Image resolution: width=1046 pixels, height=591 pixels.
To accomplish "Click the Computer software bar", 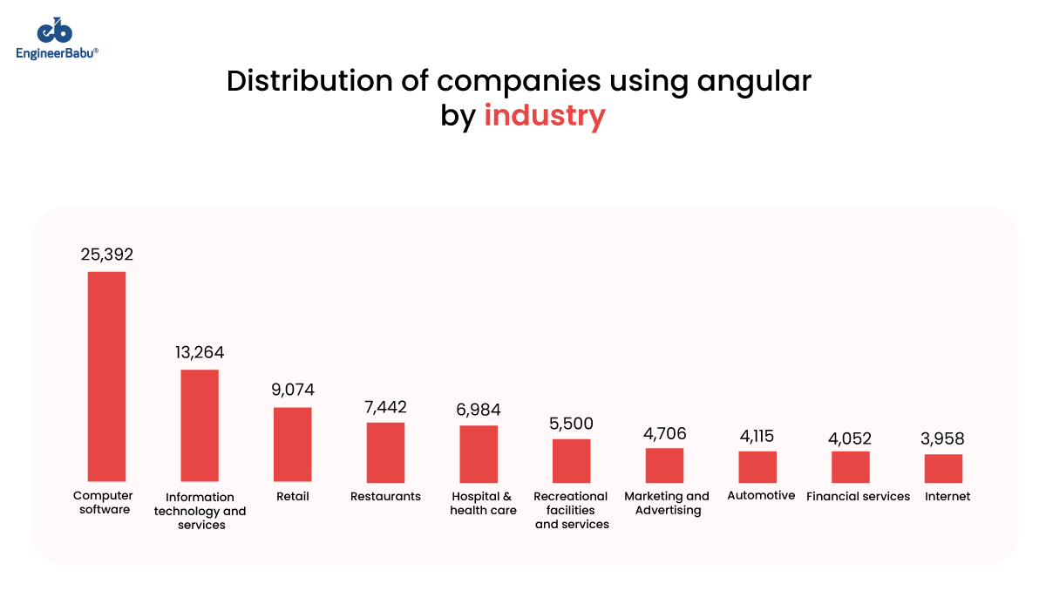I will (x=106, y=377).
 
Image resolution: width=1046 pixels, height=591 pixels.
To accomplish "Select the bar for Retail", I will (x=292, y=445).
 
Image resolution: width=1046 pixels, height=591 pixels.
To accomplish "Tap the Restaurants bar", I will (x=385, y=452).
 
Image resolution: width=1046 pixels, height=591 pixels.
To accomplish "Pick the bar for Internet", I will (x=943, y=468).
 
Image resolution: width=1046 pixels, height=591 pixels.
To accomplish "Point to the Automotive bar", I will (x=757, y=466).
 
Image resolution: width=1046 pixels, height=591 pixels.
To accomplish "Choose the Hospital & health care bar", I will (x=479, y=454).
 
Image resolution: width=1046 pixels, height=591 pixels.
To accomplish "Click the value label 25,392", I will (x=106, y=255).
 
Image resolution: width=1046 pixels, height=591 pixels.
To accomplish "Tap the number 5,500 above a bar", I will (x=571, y=423).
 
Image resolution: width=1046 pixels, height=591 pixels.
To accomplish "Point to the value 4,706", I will (x=664, y=433).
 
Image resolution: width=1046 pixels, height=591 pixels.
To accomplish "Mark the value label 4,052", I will (x=850, y=438).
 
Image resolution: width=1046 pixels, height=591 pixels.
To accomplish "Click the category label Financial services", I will (x=858, y=497).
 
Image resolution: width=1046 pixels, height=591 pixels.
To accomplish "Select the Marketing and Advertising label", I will (x=667, y=503).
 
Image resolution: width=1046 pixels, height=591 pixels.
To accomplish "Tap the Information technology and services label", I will (x=200, y=511).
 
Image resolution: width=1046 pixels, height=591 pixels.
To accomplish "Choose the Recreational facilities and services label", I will (x=571, y=510).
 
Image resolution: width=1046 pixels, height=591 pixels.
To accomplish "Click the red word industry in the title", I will (x=544, y=115).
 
